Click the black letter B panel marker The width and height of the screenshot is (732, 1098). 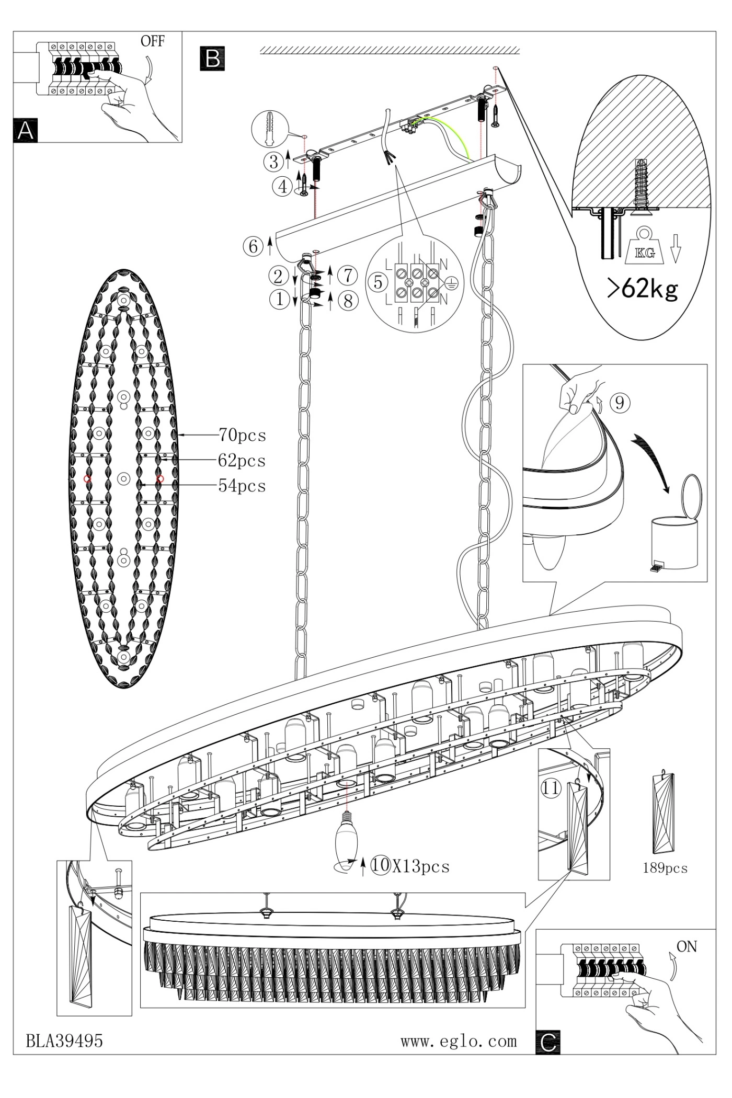(212, 59)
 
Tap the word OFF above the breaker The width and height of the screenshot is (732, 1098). (152, 42)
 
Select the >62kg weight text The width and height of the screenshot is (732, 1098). (643, 288)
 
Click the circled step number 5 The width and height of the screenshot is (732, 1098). (378, 282)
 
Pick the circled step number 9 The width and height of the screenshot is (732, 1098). (620, 403)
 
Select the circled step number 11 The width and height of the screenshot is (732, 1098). (550, 787)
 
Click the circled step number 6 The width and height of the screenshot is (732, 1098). (253, 246)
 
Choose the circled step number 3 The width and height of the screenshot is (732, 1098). (273, 162)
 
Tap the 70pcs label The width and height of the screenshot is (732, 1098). (242, 435)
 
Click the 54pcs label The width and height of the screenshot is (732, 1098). (242, 486)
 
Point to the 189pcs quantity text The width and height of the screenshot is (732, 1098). (665, 868)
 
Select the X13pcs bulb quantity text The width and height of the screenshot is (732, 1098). (421, 866)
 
